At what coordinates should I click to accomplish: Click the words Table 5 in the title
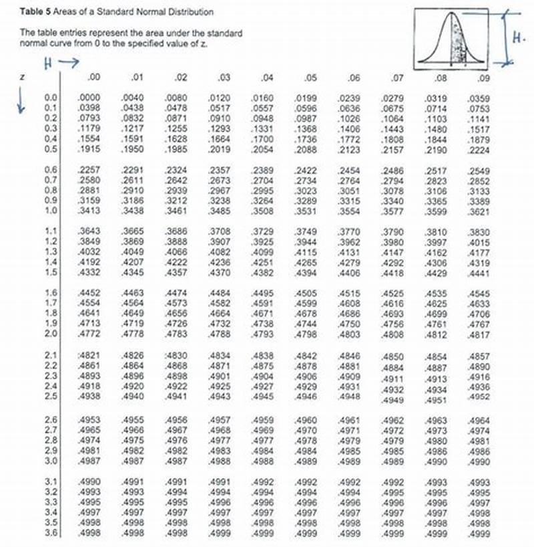[x=33, y=12]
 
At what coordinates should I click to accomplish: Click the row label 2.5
[x=50, y=397]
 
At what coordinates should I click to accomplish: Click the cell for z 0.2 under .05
[x=306, y=118]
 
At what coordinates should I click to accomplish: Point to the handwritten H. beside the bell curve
[x=518, y=38]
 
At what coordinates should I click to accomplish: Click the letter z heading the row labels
[x=23, y=78]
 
